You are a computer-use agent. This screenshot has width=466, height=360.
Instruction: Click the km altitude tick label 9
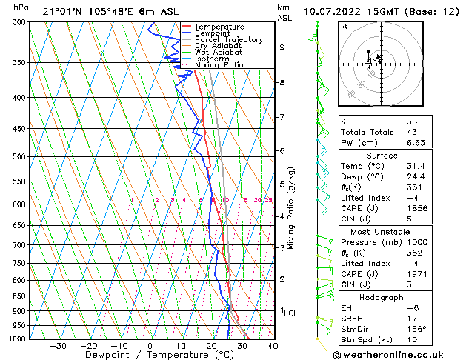[282, 47]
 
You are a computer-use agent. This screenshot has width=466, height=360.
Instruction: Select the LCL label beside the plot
[291, 313]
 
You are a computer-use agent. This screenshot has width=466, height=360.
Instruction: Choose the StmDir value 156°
[417, 329]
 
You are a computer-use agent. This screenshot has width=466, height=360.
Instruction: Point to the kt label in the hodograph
[344, 26]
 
